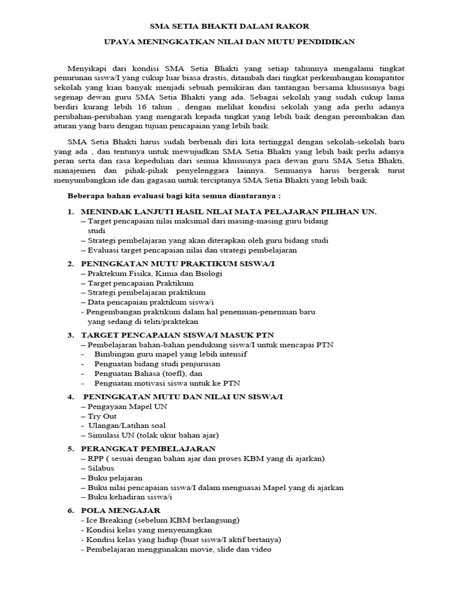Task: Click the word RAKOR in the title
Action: [x=293, y=26]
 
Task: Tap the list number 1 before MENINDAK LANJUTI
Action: [x=70, y=212]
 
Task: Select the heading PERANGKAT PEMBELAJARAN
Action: [x=148, y=448]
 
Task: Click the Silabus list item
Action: [x=102, y=469]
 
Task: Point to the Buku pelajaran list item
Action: [x=114, y=478]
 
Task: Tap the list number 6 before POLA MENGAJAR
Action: [x=70, y=510]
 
